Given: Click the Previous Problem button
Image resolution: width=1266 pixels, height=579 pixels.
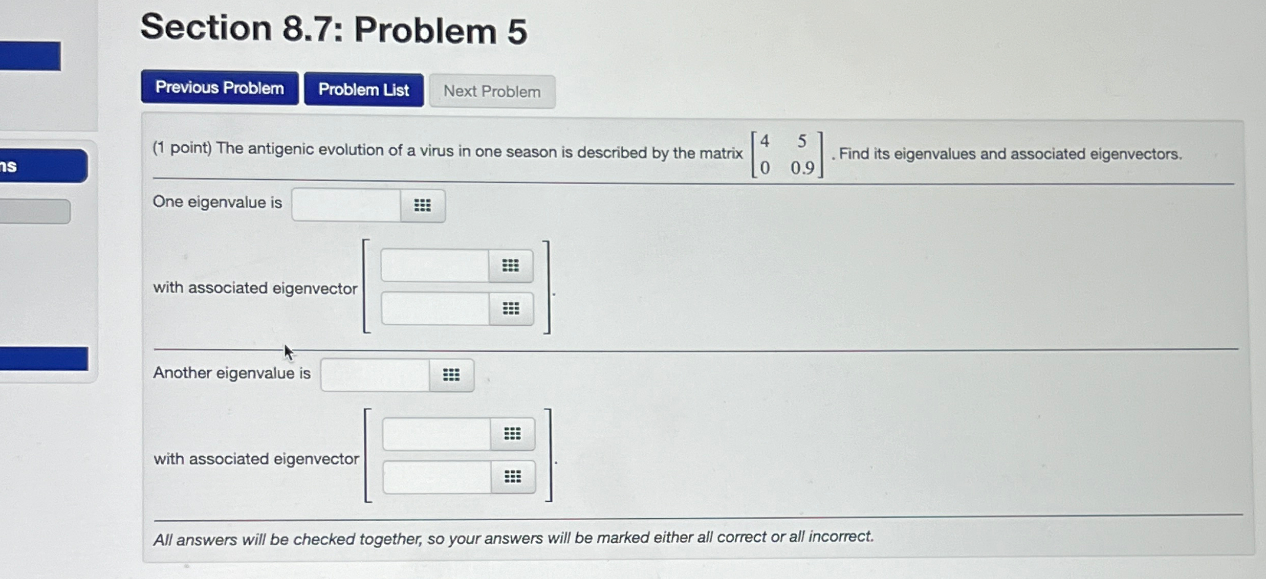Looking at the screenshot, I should click(220, 88).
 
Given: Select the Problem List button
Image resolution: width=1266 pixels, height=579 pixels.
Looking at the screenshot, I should click(363, 90).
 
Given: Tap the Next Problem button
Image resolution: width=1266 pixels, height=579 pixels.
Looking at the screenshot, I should click(492, 92).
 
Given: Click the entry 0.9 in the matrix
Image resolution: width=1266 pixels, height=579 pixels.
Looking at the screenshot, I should click(802, 168).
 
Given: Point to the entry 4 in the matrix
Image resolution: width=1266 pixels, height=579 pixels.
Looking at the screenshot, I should click(765, 141).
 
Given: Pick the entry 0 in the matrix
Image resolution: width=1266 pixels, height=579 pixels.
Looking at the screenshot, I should click(765, 168).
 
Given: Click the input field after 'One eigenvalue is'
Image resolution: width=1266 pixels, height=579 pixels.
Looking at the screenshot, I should click(346, 205).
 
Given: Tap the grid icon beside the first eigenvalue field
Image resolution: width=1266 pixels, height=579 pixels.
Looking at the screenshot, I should click(422, 205).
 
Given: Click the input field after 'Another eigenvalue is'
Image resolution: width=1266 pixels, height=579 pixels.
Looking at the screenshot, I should click(375, 374).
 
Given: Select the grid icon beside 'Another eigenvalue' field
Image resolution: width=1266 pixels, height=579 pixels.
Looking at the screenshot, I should click(451, 375).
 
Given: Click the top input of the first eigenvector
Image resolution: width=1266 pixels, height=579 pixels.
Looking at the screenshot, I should click(434, 265).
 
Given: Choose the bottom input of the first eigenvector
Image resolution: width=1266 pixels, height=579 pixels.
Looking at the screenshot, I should click(435, 308).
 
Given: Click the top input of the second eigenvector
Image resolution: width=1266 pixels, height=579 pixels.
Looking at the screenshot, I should click(436, 434).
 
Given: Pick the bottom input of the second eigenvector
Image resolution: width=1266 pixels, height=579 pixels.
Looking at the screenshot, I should click(437, 477).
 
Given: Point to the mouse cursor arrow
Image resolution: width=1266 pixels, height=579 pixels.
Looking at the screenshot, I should click(288, 352).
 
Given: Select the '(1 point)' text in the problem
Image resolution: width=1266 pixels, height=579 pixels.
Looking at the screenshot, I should click(182, 148).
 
